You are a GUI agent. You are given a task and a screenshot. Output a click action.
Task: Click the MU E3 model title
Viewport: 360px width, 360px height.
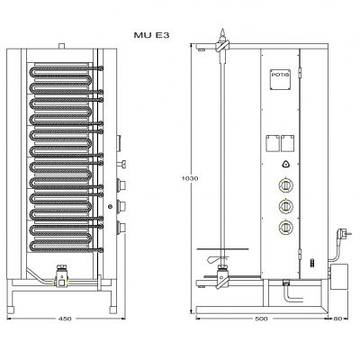click(x=151, y=35)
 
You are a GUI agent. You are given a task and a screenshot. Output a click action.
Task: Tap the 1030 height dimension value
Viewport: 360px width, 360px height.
click(x=190, y=178)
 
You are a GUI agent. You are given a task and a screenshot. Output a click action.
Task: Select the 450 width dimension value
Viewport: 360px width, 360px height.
click(x=65, y=319)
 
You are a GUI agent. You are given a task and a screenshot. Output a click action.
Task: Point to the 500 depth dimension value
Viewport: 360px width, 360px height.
click(x=261, y=319)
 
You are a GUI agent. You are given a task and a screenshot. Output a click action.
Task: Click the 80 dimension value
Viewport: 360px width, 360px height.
click(x=338, y=319)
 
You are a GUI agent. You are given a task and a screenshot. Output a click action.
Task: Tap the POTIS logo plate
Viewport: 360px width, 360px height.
click(x=280, y=79)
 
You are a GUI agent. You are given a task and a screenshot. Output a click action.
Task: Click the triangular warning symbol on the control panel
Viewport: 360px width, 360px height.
click(x=286, y=164)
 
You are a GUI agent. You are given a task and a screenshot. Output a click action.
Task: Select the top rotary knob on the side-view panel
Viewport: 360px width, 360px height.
click(x=286, y=185)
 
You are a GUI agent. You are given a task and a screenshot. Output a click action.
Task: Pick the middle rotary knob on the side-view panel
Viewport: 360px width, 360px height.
click(x=286, y=206)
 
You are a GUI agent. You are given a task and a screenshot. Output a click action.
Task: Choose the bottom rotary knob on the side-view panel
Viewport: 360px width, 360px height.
click(x=286, y=227)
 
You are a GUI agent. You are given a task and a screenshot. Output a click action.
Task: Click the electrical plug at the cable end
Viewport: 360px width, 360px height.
click(x=344, y=234)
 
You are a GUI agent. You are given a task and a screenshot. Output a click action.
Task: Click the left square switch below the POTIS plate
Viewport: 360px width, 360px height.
click(x=273, y=143)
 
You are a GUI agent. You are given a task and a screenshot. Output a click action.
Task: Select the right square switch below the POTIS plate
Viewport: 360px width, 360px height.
click(x=287, y=143)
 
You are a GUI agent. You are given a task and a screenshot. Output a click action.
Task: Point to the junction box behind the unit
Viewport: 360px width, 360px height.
click(x=339, y=276)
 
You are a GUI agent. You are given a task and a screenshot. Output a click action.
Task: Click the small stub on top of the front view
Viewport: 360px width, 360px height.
click(x=61, y=46)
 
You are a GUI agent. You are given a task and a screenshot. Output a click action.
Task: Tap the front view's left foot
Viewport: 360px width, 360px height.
click(x=11, y=310)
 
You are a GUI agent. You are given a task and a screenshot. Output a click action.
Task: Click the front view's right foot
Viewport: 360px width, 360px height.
click(x=113, y=310)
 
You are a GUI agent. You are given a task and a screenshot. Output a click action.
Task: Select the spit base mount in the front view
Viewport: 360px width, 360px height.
click(x=61, y=277)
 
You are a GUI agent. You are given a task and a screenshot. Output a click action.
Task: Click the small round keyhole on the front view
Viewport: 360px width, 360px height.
click(x=111, y=206)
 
